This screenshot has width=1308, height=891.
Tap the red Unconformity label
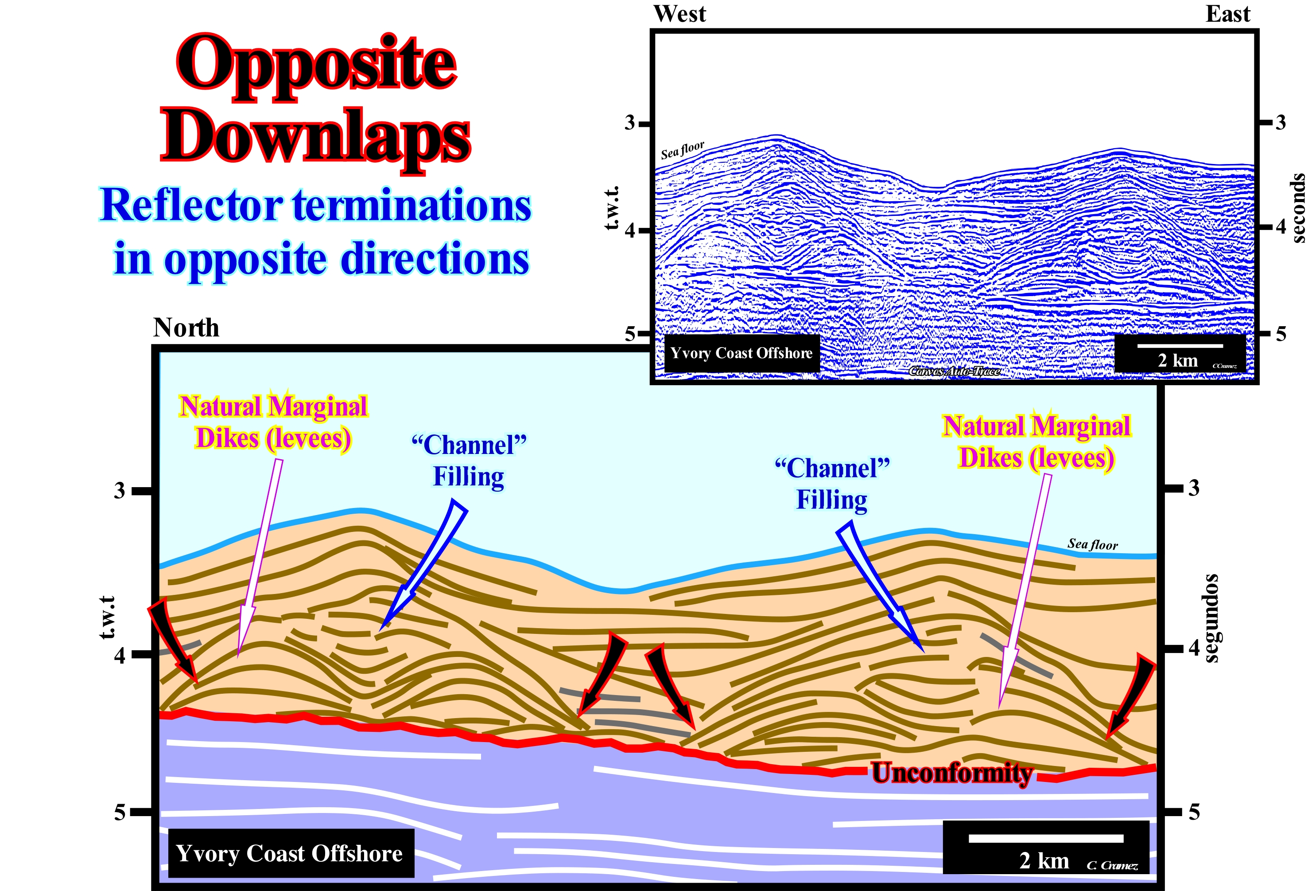point(952,773)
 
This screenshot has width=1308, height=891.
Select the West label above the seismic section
point(679,14)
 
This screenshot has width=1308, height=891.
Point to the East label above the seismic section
point(1227,14)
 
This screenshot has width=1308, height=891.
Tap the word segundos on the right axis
point(1211,618)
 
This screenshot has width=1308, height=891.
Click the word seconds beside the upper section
point(1297,208)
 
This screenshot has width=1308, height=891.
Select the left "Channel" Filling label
point(468,460)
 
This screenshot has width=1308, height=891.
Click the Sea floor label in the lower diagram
point(1092,544)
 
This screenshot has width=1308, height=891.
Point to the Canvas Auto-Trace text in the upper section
point(955,371)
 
